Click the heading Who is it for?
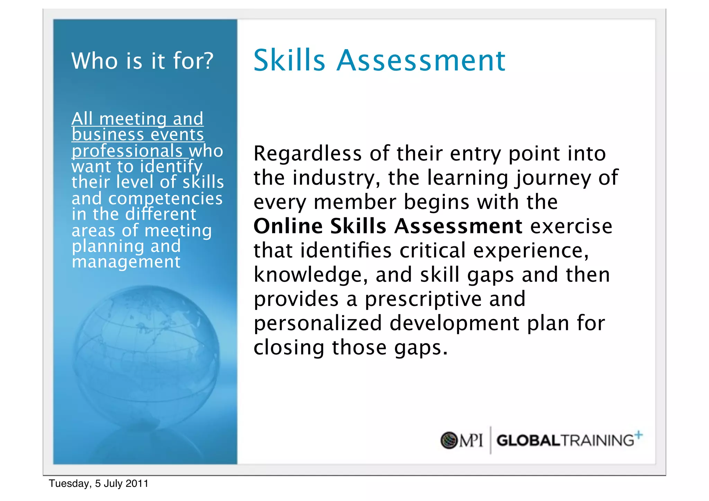tap(142, 61)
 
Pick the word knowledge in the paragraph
tap(311, 275)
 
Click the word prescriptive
tap(423, 299)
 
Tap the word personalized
tap(317, 323)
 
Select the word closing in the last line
tap(289, 347)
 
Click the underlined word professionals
tap(127, 151)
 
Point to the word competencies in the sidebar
tap(165, 199)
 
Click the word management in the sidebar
tap(126, 262)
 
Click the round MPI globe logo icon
tap(449, 440)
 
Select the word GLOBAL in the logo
tap(528, 441)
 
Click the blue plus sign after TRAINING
tap(639, 435)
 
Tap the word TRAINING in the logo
tap(597, 441)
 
